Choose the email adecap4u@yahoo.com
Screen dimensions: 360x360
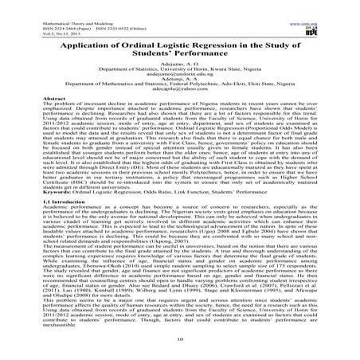(x=180, y=88)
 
